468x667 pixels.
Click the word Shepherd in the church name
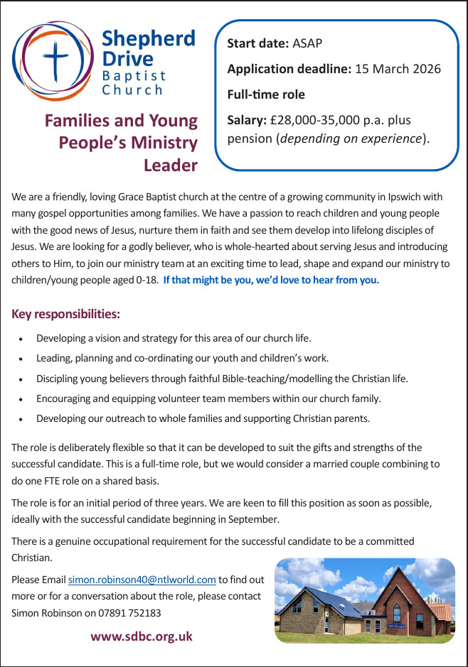pos(148,38)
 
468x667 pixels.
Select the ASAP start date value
pos(307,43)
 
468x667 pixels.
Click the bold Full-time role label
pos(266,94)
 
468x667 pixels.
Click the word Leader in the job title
pos(170,166)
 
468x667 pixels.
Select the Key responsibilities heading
pos(66,313)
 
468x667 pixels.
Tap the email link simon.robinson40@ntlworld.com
pos(142,580)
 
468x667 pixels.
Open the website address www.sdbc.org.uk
pos(142,636)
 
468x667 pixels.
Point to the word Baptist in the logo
pos(134,75)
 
